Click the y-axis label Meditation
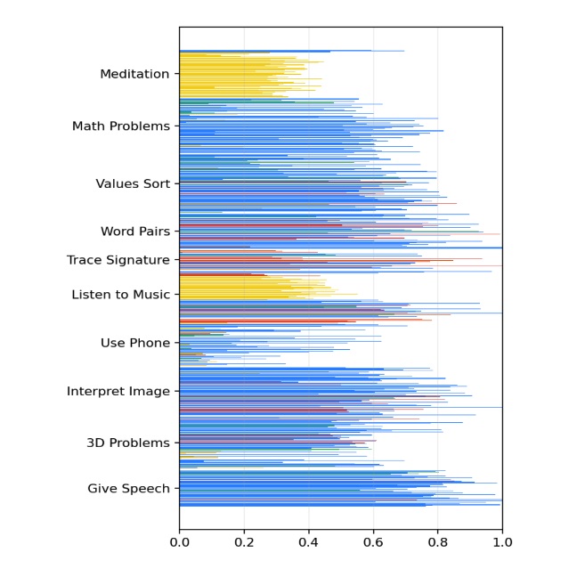[134, 75]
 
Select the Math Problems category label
[120, 127]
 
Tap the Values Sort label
[133, 184]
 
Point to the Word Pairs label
[134, 232]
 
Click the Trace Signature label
[118, 261]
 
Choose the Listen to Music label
[120, 295]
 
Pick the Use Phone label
[134, 344]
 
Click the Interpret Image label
[118, 392]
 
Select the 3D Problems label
[127, 443]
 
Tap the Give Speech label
[128, 489]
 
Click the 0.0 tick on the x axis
[180, 540]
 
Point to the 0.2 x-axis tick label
[244, 540]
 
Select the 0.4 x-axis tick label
[309, 540]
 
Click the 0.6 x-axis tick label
[373, 540]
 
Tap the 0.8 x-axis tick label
[438, 540]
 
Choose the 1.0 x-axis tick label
[502, 540]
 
